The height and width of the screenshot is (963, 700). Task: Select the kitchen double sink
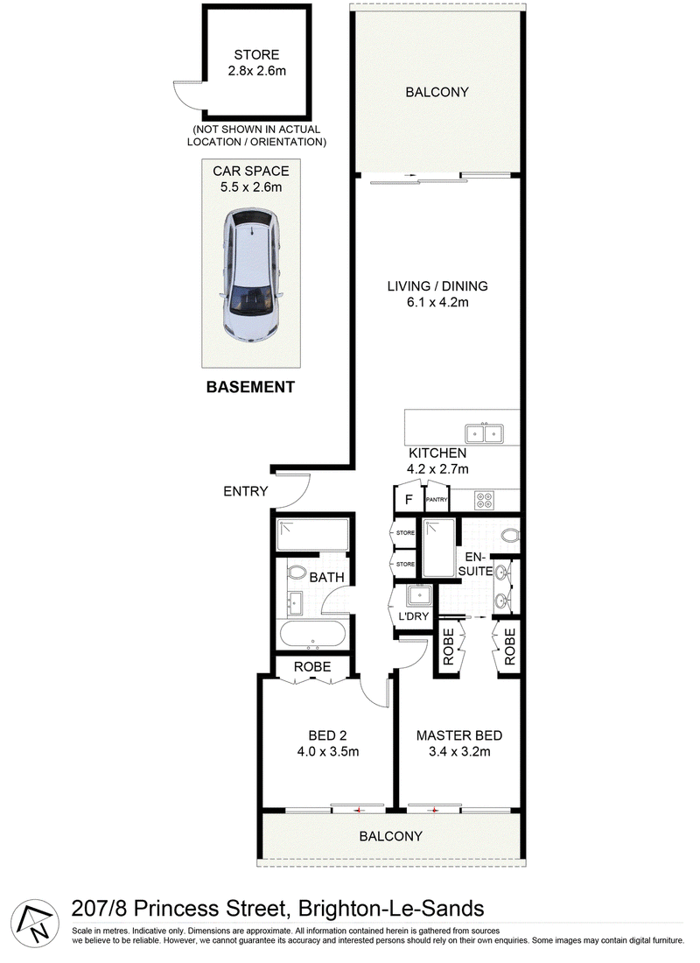coord(484,433)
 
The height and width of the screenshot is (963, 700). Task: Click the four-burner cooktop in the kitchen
coord(484,500)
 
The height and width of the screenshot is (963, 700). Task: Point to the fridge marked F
coord(409,500)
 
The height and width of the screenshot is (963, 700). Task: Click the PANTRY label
coord(437,500)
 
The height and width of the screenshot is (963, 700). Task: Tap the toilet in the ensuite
coord(509,535)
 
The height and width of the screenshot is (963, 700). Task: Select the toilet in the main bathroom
coord(297,573)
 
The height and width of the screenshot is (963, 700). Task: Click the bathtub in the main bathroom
coord(312,635)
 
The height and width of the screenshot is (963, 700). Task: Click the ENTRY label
coord(246,491)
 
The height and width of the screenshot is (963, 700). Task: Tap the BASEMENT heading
coord(250,387)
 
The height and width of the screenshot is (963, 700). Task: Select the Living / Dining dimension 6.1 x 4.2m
coord(437,302)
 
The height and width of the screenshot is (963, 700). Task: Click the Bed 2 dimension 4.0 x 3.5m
coord(328,752)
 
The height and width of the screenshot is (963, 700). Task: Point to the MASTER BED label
coord(459,735)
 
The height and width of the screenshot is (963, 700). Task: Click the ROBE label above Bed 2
coord(311,666)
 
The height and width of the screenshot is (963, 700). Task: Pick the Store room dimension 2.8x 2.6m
coord(256,71)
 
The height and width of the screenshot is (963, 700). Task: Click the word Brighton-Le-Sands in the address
coord(391,909)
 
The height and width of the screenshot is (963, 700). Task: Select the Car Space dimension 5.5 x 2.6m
coord(251,187)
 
